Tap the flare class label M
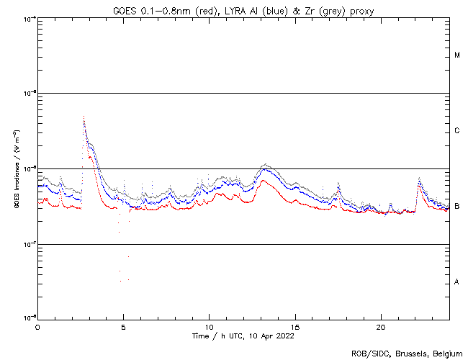click(457, 55)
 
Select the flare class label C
click(457, 131)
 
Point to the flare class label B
click(457, 207)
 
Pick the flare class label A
click(457, 282)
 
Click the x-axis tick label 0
click(37, 326)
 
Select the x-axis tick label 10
click(209, 326)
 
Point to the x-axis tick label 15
click(295, 326)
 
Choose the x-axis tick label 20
click(381, 326)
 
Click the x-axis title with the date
click(243, 336)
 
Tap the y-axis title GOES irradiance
click(16, 169)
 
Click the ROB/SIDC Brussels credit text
click(406, 354)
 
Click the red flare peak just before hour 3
click(84, 116)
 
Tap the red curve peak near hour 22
click(419, 183)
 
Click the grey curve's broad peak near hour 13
click(266, 164)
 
